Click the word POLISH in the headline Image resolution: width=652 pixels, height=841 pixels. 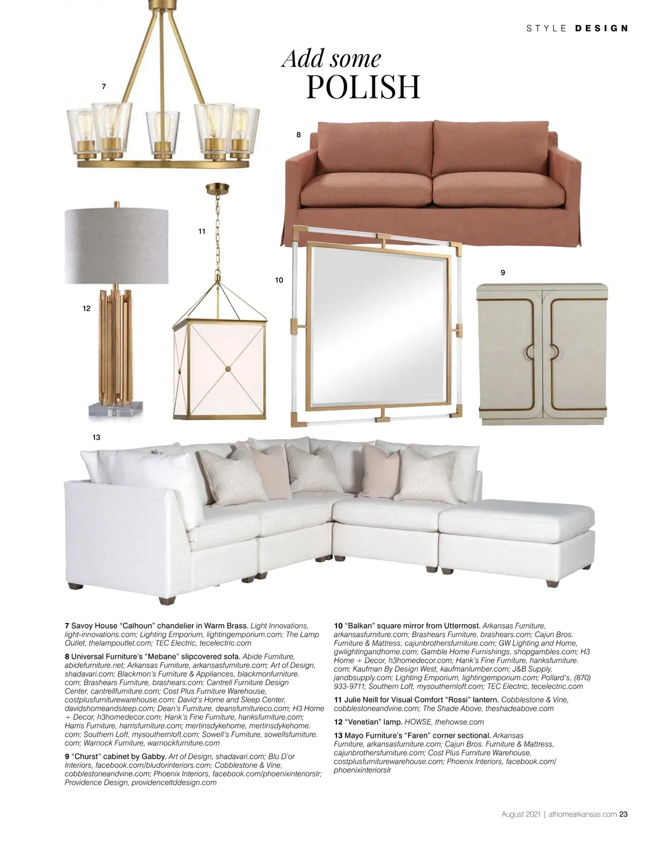363,87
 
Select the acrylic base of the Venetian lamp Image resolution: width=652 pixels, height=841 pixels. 116,409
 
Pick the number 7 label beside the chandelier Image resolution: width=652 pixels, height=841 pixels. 104,86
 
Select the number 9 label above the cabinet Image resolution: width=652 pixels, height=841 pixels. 503,273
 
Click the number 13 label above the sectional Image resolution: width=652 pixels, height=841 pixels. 96,437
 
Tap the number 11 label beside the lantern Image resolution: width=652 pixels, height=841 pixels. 202,231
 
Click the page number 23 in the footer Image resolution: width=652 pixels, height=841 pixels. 624,814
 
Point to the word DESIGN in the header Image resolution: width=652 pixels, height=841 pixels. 601,28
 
